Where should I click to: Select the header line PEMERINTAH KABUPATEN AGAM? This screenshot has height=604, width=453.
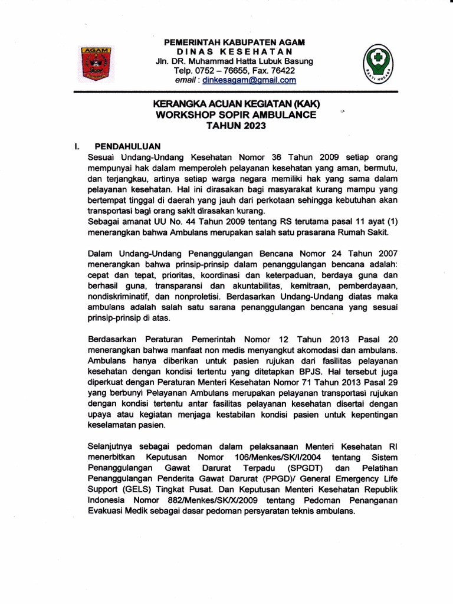tap(234, 42)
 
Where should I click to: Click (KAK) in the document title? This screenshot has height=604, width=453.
tap(306, 104)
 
